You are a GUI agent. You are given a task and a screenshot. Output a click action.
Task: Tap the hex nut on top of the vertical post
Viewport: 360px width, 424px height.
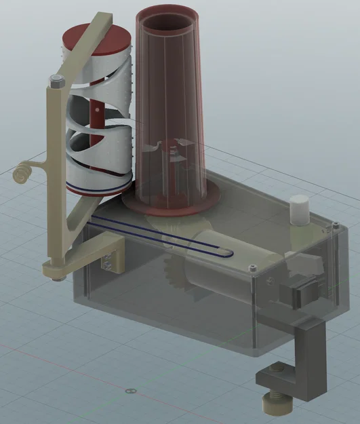55,82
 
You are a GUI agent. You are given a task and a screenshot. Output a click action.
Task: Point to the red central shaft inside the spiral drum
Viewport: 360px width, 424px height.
97,112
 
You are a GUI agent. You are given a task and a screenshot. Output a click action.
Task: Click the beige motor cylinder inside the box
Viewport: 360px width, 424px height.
217,271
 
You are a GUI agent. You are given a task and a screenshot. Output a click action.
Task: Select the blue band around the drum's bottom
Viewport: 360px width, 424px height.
98,183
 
